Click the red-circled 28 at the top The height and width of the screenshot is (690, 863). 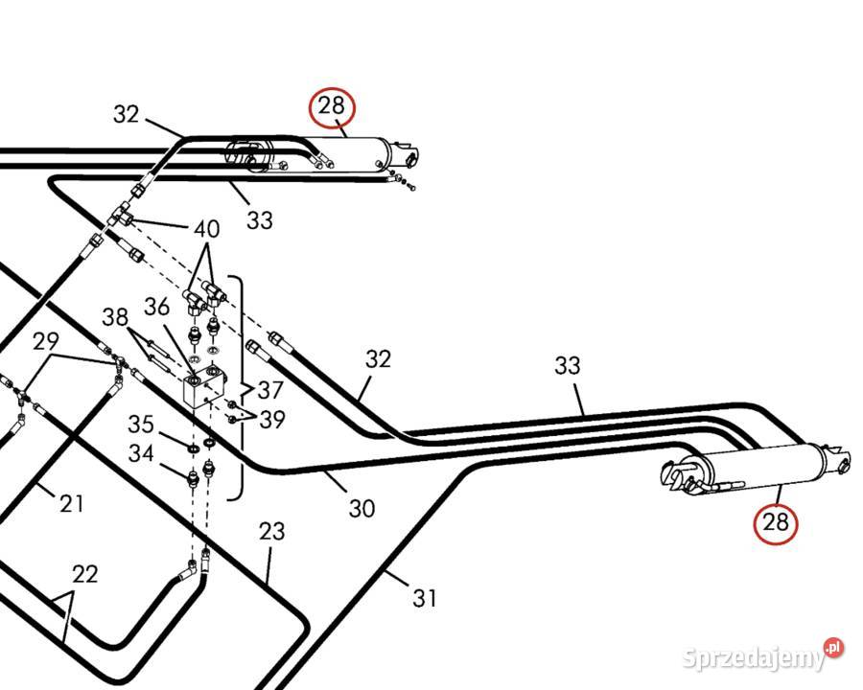(332, 106)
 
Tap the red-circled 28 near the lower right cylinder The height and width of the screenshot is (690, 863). (776, 522)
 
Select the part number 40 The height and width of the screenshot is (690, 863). (207, 229)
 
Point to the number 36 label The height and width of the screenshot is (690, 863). (157, 307)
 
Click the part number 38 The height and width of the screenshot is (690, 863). (115, 317)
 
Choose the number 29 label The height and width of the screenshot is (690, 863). (46, 342)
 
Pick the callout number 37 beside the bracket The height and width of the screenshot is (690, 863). (270, 391)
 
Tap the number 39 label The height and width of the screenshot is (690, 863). (272, 420)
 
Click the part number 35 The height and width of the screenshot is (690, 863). (141, 425)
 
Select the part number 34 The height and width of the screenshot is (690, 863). (142, 454)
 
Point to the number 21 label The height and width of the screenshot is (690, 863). (72, 503)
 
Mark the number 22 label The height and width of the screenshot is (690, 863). (85, 574)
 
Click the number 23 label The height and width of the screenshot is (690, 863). (272, 532)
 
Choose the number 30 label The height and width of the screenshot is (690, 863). (362, 509)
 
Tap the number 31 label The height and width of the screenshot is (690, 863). (425, 598)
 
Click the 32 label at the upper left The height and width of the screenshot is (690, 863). (127, 114)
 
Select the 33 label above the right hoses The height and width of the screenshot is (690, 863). (568, 365)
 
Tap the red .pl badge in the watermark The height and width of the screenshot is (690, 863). (834, 647)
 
